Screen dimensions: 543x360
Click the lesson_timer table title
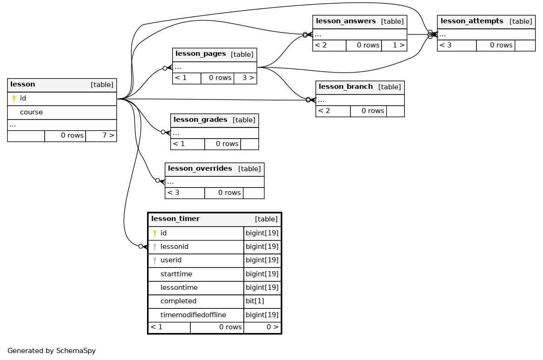tap(175, 219)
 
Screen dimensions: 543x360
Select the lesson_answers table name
tap(346, 21)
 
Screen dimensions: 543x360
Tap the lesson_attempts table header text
tap(472, 21)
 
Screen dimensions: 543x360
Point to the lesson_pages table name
tap(201, 53)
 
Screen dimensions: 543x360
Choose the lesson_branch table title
tap(346, 87)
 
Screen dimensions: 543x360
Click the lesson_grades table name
tap(200, 120)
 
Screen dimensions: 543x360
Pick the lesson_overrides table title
tap(200, 168)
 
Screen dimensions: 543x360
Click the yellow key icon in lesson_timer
tap(155, 233)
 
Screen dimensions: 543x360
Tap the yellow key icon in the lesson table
tap(14, 99)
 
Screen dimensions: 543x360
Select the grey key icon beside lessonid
tap(155, 247)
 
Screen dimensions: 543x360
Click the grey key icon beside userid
tap(155, 260)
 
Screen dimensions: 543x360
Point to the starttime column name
tap(176, 274)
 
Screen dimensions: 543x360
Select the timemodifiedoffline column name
tap(193, 315)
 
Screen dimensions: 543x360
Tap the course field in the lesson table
tap(32, 112)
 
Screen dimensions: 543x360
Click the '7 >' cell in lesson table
tap(101, 136)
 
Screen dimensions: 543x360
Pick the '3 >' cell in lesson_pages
tap(245, 78)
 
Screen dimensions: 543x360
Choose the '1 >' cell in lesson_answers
tap(394, 45)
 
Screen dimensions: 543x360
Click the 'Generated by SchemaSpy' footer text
tap(52, 351)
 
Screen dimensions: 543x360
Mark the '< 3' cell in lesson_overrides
tap(185, 193)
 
